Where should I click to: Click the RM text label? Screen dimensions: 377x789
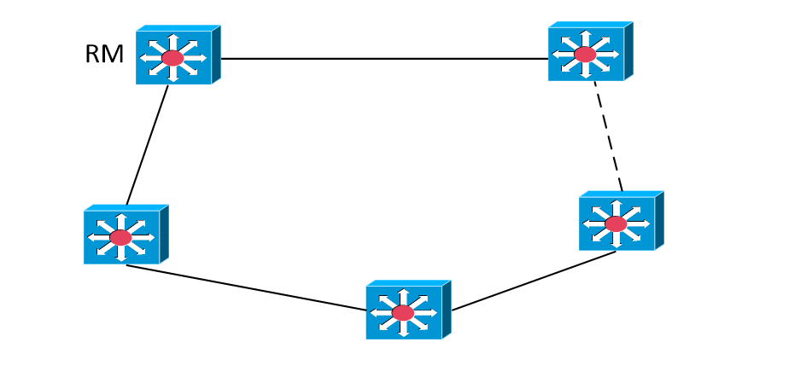(x=104, y=55)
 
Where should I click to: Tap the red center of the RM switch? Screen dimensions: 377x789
(x=173, y=58)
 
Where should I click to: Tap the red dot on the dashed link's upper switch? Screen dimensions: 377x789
(x=585, y=55)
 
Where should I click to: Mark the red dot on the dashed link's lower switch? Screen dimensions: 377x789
(x=616, y=223)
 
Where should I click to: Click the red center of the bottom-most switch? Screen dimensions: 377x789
(x=403, y=313)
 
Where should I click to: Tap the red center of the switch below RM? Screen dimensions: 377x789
(x=121, y=237)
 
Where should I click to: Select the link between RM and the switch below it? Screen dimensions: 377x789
(x=147, y=145)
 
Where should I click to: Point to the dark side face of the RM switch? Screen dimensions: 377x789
(x=216, y=55)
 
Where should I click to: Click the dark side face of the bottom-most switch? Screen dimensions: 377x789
(x=447, y=309)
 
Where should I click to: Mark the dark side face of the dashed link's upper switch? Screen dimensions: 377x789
(x=628, y=50)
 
